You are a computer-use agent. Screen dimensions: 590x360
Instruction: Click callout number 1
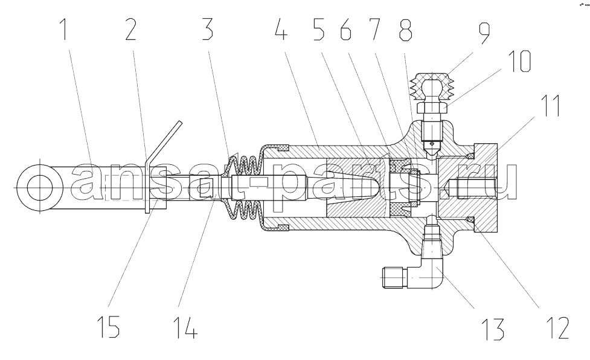(x=65, y=30)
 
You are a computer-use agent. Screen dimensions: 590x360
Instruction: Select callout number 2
(x=131, y=30)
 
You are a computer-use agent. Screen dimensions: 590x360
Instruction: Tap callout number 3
(x=207, y=30)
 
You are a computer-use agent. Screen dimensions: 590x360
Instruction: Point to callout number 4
(x=281, y=30)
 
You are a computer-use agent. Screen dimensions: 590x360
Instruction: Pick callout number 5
(x=319, y=30)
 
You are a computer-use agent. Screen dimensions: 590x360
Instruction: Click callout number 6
(x=346, y=30)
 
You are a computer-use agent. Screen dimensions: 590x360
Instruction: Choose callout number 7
(x=374, y=30)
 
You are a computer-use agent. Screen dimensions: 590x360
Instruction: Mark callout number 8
(x=406, y=30)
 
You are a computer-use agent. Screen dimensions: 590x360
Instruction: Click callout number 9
(x=484, y=34)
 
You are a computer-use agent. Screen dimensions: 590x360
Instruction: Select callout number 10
(x=519, y=61)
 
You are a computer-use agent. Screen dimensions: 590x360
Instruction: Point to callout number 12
(x=559, y=328)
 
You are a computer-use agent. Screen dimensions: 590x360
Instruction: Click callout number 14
(x=185, y=327)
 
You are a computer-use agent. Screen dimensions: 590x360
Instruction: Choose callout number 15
(x=108, y=327)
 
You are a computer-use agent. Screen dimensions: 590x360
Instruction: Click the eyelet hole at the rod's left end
(x=39, y=188)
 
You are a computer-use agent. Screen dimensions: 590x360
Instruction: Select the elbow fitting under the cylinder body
(x=420, y=266)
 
